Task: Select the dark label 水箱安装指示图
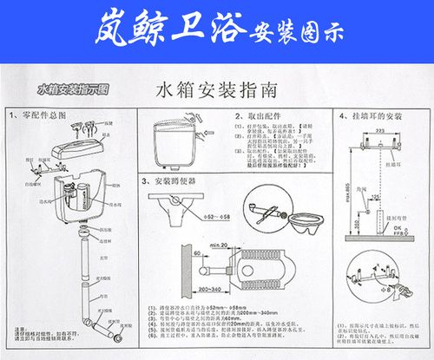(x=72, y=88)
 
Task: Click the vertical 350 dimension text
(x=358, y=224)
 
